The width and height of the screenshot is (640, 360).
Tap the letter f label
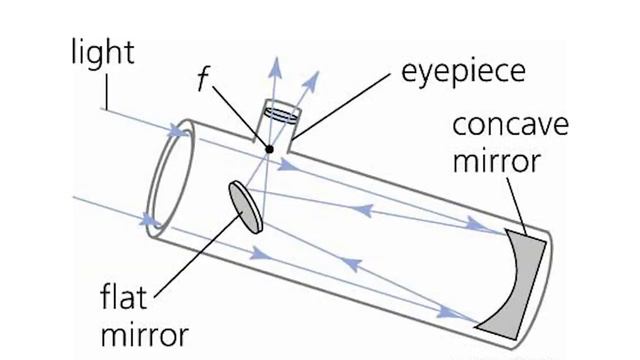(x=203, y=81)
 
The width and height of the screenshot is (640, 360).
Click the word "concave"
(x=510, y=127)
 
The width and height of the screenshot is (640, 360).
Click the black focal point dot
(x=268, y=150)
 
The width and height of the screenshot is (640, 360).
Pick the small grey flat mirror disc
(x=245, y=206)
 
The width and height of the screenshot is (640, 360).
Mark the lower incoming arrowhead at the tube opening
(x=152, y=219)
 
